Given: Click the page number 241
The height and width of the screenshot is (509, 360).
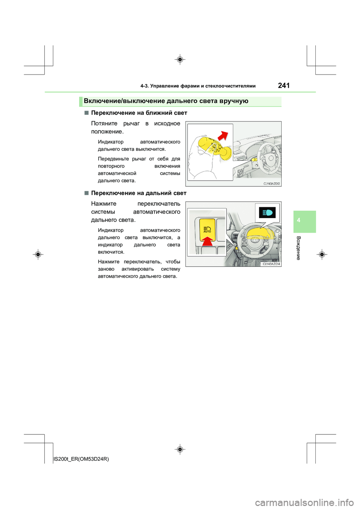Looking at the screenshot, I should [284, 85].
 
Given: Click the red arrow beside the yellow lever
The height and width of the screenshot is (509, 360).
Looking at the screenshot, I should [223, 136].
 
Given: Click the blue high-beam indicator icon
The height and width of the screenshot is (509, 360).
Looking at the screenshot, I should [267, 213].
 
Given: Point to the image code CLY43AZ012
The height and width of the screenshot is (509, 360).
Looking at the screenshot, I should [271, 184].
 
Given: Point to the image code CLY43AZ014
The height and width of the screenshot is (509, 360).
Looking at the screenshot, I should [271, 264].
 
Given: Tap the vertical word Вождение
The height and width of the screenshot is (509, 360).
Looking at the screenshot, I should [298, 248].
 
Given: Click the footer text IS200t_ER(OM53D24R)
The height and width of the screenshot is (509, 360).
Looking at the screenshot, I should [81, 459].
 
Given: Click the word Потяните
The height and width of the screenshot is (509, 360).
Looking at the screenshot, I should [104, 123].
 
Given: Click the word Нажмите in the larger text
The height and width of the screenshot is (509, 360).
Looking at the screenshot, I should [103, 204].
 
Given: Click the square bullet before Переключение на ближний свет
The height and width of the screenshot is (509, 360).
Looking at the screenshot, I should [86, 112].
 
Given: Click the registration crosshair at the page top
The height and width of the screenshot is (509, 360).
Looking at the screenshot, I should [180, 60].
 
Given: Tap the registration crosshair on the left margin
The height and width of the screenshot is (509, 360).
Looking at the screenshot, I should [38, 254].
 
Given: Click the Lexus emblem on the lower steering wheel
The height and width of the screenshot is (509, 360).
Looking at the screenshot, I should [256, 239].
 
